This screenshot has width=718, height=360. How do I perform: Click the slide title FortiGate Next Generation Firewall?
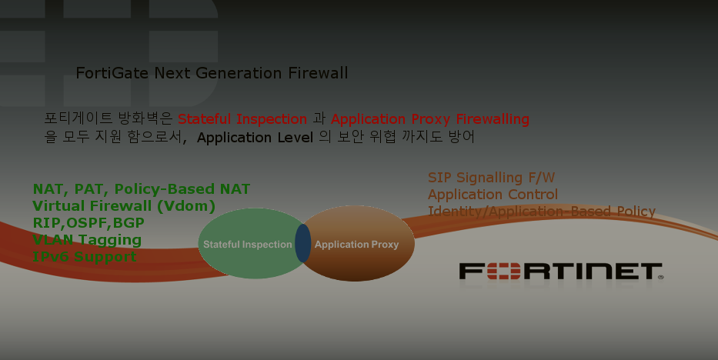212,74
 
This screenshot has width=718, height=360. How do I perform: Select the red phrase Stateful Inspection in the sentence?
242,119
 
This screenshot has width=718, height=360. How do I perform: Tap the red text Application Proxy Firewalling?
429,119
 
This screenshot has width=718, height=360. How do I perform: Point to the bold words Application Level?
255,138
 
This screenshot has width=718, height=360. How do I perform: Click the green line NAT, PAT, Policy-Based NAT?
141,189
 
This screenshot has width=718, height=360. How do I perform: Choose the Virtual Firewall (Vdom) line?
123,206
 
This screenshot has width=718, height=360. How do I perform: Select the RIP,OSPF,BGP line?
88,223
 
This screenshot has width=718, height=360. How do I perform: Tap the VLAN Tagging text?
87,240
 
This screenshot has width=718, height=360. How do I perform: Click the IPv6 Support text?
84,256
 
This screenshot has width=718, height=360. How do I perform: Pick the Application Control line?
493,195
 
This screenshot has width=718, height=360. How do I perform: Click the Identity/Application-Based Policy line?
541,212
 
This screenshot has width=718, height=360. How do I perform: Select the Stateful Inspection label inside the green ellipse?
247,245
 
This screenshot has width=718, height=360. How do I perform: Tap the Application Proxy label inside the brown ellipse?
356,245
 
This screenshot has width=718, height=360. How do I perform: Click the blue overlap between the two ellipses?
303,243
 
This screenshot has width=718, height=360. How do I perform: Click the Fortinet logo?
560,272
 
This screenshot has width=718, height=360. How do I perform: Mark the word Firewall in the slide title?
318,74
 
